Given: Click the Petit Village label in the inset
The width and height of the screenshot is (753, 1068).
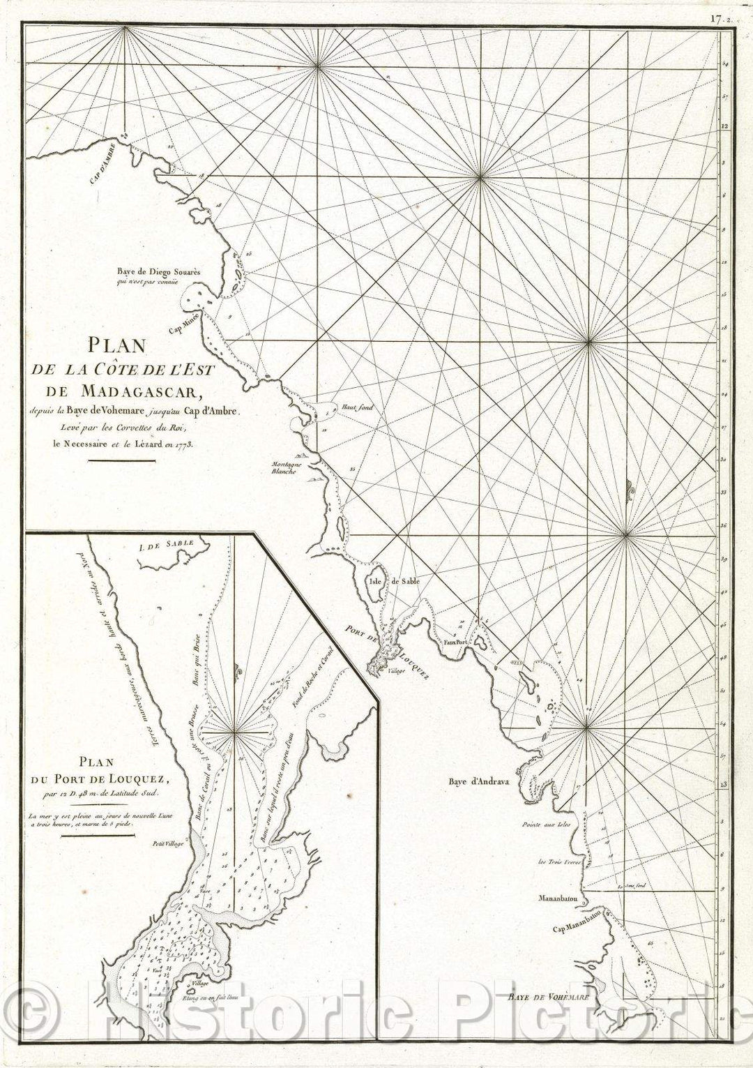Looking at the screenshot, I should pos(169,844).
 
